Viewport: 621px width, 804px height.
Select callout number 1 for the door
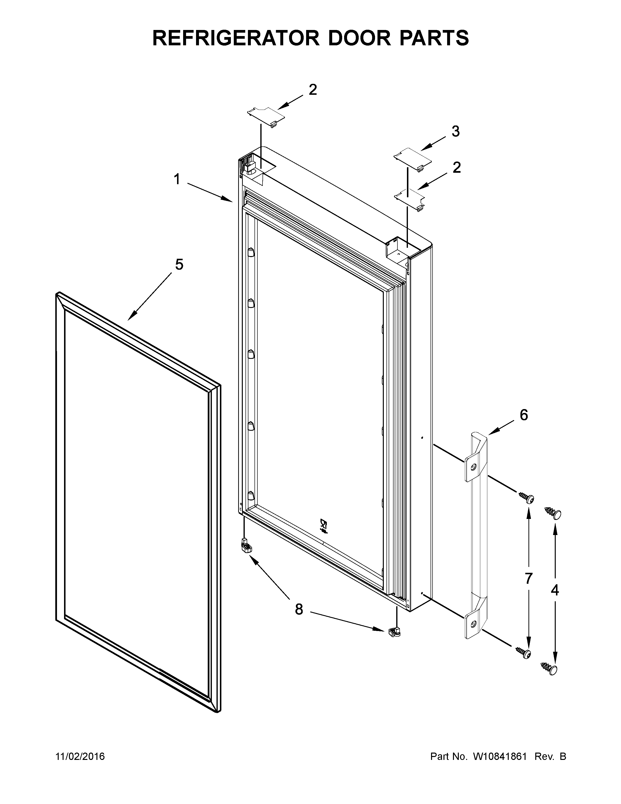(x=177, y=179)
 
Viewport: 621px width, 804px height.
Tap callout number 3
(x=455, y=131)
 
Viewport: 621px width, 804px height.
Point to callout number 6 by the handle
(x=524, y=415)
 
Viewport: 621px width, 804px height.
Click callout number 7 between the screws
(x=528, y=578)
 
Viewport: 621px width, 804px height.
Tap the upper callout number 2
(x=312, y=89)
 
